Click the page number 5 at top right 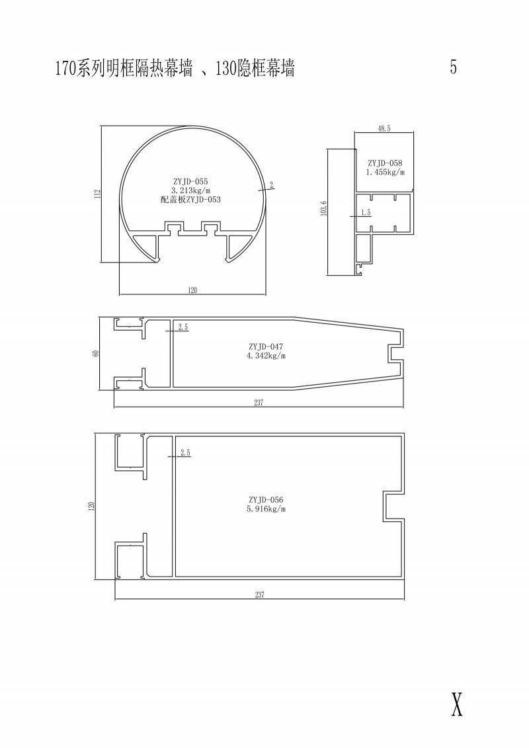tap(453, 67)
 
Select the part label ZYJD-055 tap(191, 182)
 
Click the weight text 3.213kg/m tap(191, 191)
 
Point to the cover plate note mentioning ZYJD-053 tap(191, 200)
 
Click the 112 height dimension tap(97, 194)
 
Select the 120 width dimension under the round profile tap(192, 290)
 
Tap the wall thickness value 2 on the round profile tap(272, 186)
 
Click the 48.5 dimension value tap(384, 129)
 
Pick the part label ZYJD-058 tap(385, 163)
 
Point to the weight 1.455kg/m tap(386, 172)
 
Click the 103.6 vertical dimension tap(324, 208)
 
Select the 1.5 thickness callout tap(366, 213)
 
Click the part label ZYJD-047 tap(266, 347)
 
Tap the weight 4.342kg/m tap(266, 356)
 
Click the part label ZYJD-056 tap(266, 500)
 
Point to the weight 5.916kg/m tap(266, 509)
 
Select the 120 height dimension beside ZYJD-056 tap(91, 506)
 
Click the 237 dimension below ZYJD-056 tap(259, 595)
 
